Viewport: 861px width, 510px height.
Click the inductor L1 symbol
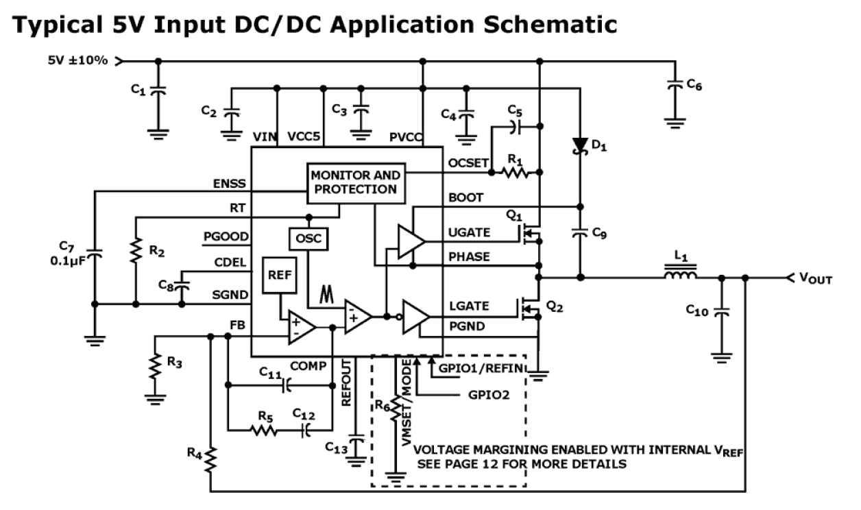click(x=680, y=277)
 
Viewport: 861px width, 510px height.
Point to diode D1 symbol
click(x=580, y=145)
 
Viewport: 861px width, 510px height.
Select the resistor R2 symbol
click(x=136, y=253)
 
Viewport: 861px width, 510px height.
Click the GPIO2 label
click(x=488, y=396)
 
